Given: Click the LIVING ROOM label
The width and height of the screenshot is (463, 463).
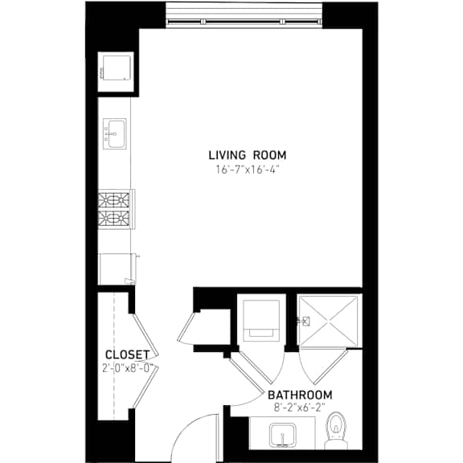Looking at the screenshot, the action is tap(248, 155).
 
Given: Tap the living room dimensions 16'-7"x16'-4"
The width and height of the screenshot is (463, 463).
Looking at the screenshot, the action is tap(248, 170).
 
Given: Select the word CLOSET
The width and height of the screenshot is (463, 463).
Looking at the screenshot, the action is tap(128, 354).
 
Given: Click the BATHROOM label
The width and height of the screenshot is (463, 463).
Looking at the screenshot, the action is tap(300, 395).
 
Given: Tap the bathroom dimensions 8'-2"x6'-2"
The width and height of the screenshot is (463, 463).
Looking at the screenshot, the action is tap(299, 408).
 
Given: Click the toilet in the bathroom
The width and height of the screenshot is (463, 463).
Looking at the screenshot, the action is tap(335, 431).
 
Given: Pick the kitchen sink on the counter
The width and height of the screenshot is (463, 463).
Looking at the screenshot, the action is tap(115, 133).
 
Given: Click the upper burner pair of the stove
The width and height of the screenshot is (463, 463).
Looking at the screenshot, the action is tap(113, 200).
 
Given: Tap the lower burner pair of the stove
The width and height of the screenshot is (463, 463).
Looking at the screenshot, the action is tap(113, 219).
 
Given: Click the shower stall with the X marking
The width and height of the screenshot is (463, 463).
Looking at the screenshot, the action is tap(329, 321).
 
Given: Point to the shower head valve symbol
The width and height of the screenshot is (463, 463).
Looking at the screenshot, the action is tap(304, 321).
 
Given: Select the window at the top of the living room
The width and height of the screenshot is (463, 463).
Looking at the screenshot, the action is tap(244, 15).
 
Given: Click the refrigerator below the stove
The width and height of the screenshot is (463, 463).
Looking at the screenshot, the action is tap(117, 268).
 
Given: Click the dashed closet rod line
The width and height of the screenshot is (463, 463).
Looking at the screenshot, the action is tap(114, 355).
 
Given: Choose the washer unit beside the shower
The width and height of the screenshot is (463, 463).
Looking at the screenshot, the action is tap(261, 321).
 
